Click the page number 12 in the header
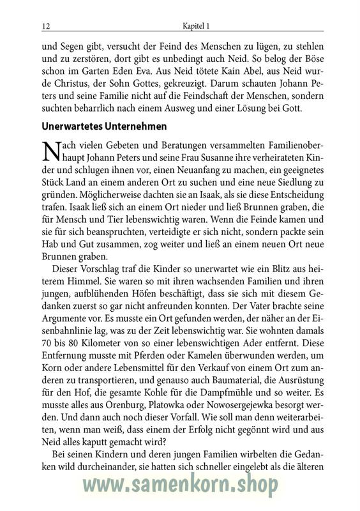(x=45, y=27)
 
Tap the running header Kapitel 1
(x=196, y=27)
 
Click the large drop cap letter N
(x=50, y=153)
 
